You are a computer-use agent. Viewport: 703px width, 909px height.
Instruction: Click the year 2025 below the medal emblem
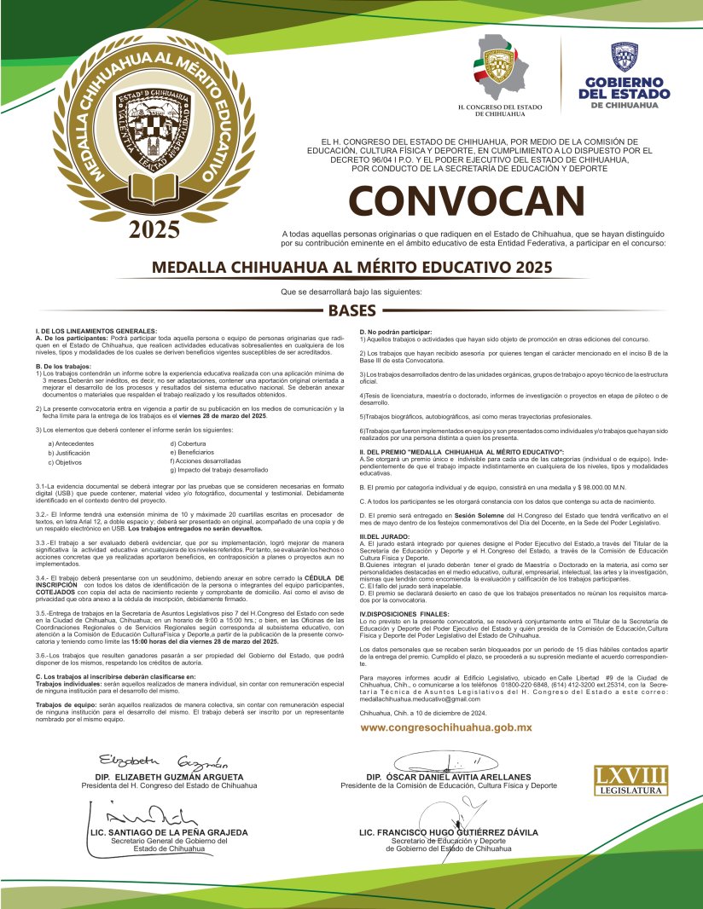point(154,229)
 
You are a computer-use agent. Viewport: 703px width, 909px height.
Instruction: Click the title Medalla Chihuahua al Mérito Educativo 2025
point(351,266)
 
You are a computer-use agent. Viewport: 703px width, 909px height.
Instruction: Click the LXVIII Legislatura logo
point(630,779)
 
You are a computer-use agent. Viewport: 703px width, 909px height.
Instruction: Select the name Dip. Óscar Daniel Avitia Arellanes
point(448,778)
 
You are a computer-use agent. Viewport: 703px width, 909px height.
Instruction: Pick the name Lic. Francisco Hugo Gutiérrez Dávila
point(448,831)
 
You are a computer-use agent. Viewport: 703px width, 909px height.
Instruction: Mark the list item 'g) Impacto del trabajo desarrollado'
point(219,470)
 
